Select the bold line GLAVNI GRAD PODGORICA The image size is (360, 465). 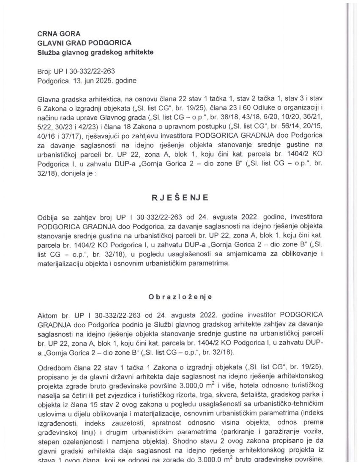[84, 43]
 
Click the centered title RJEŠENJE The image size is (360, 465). [180, 198]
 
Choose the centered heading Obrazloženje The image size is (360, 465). [180, 297]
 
